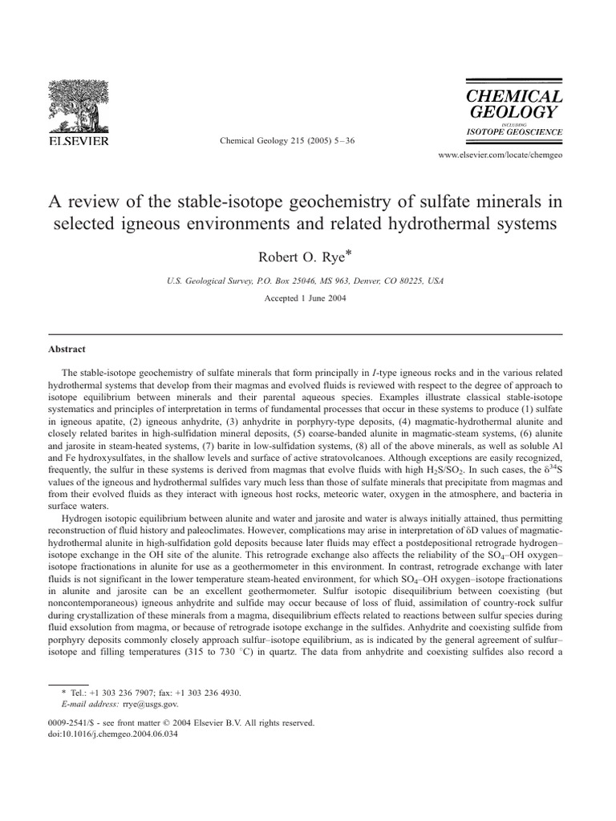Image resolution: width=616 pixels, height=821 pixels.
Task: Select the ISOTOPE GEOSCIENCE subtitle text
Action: [x=513, y=131]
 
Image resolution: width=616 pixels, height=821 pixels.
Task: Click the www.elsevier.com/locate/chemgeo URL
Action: [x=500, y=154]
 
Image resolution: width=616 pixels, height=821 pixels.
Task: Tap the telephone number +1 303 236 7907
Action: [x=120, y=692]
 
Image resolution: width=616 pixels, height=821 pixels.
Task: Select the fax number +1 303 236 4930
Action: [x=211, y=692]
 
